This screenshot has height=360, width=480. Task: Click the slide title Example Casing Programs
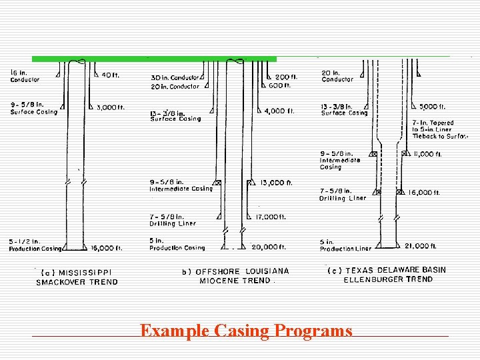click(246, 331)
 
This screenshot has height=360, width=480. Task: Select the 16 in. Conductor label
click(25, 76)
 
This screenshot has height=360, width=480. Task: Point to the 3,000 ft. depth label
click(111, 107)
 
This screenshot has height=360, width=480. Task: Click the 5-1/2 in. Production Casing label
click(34, 245)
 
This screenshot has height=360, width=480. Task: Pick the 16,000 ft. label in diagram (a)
click(107, 248)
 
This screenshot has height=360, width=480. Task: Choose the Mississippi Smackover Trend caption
click(77, 277)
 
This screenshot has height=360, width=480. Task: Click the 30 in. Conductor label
click(175, 77)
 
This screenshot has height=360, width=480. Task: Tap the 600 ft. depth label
click(279, 85)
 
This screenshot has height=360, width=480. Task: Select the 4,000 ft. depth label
click(279, 111)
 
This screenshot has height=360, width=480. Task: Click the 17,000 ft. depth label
click(271, 217)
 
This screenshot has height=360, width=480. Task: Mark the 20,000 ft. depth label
click(269, 247)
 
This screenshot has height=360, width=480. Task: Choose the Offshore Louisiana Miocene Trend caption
click(235, 275)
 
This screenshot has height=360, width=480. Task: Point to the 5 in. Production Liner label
click(345, 245)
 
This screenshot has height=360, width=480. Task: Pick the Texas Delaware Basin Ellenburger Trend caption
click(387, 275)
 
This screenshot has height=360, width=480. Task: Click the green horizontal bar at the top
click(154, 59)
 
